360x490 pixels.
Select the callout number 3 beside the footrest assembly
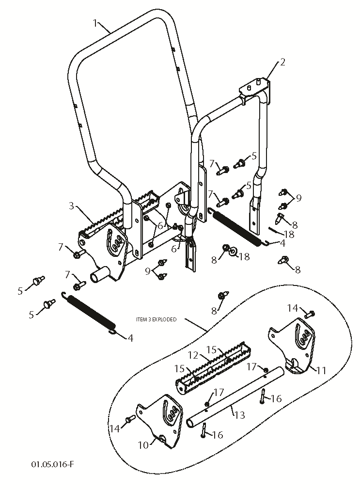(72, 206)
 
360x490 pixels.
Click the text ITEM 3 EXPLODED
(156, 319)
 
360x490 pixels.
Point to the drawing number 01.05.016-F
(53, 464)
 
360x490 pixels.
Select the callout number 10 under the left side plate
(144, 445)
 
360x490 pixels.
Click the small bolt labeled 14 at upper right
(310, 314)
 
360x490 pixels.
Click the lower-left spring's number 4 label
(130, 338)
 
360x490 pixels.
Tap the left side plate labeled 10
(160, 422)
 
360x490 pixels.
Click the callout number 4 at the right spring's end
(282, 243)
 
